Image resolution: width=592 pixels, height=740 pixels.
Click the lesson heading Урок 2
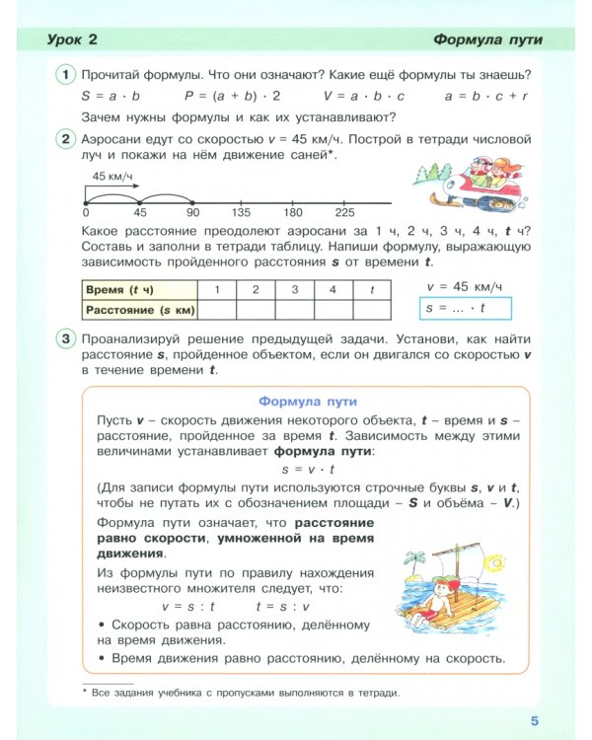[x=74, y=39]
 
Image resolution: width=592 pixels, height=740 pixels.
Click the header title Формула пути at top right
[x=488, y=39]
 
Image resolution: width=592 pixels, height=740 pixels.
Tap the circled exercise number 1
[x=65, y=76]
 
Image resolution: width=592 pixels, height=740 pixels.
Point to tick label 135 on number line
[x=240, y=213]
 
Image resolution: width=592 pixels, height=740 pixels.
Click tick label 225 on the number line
[x=344, y=213]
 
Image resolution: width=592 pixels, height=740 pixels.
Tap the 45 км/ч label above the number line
[x=111, y=176]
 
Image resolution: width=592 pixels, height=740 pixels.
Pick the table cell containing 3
[x=294, y=289]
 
